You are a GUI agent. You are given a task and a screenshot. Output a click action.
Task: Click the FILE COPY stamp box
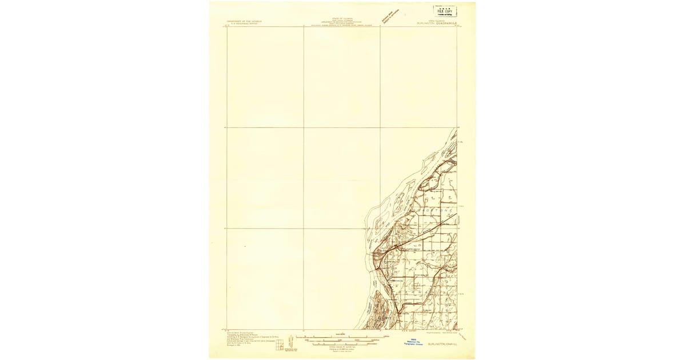(x=445, y=11)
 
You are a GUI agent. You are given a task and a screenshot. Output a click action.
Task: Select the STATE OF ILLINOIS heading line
(x=341, y=19)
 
